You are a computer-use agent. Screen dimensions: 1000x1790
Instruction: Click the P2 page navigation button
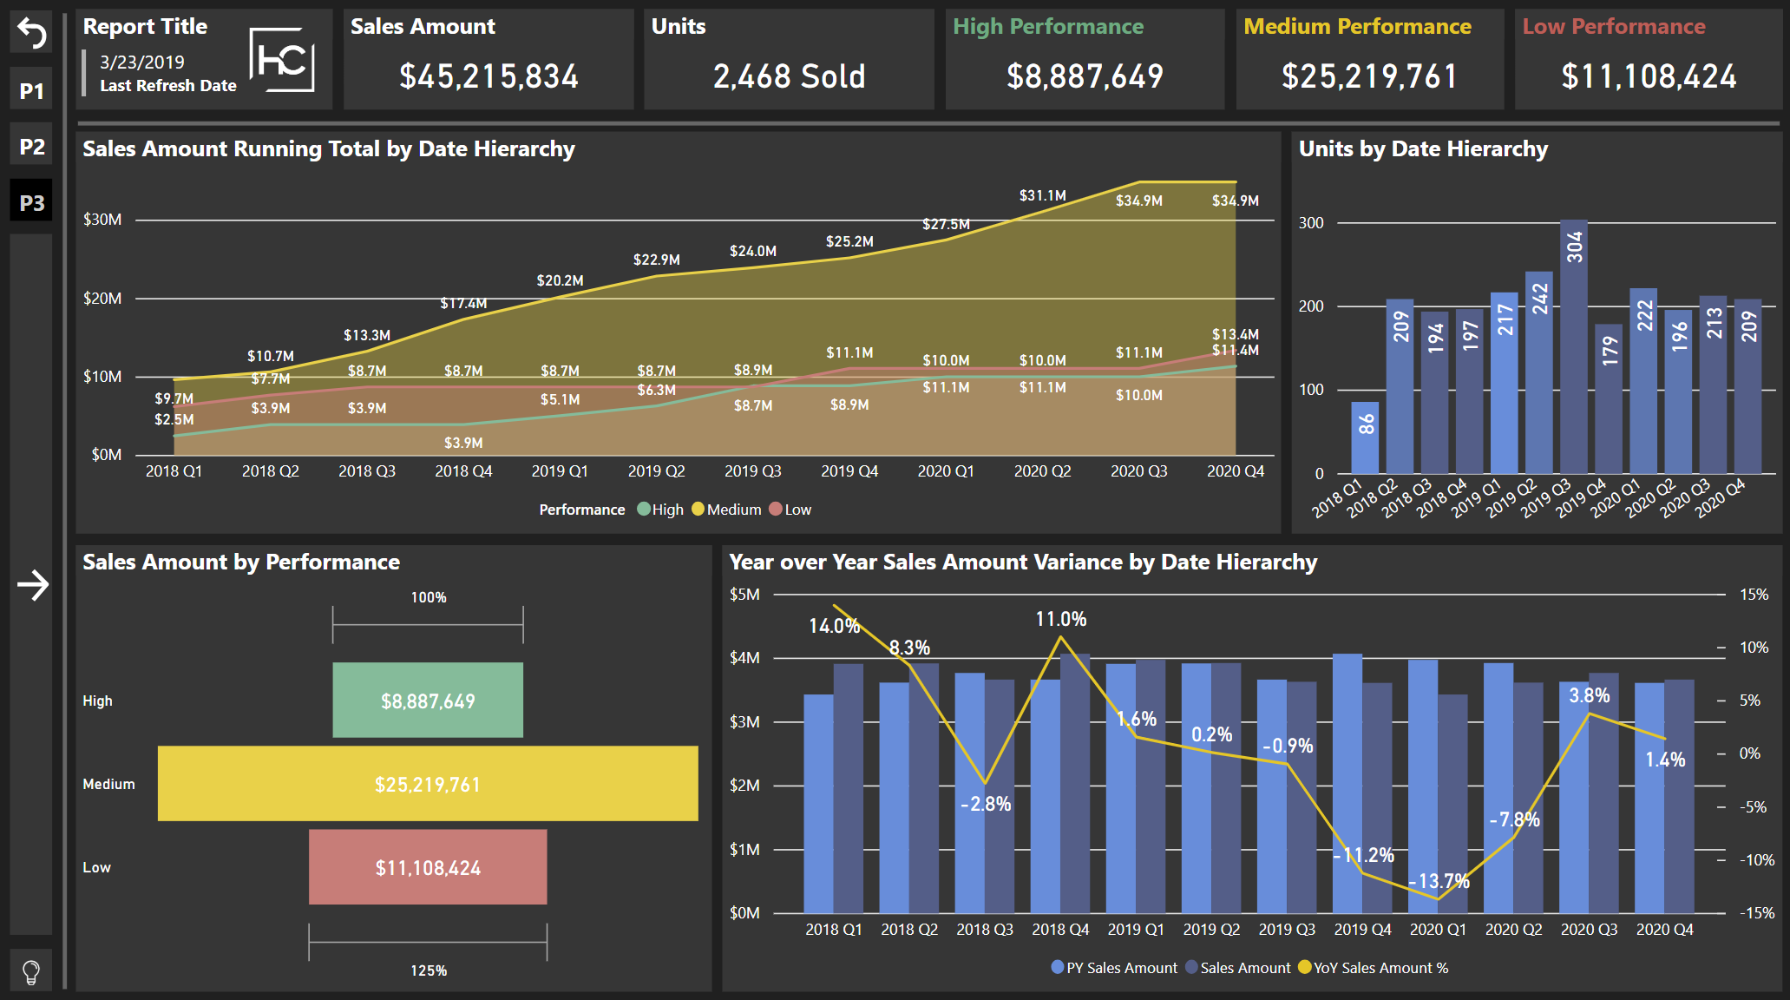pyautogui.click(x=31, y=147)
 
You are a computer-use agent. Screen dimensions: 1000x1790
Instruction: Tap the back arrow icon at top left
pyautogui.click(x=31, y=34)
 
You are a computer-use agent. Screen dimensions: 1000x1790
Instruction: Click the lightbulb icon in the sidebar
pyautogui.click(x=31, y=971)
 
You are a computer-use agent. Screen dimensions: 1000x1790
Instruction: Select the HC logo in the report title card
pyautogui.click(x=282, y=60)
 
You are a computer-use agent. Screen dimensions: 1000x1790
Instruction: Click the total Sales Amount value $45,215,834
pyautogui.click(x=488, y=76)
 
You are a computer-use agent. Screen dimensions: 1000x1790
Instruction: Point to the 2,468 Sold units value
pyautogui.click(x=789, y=76)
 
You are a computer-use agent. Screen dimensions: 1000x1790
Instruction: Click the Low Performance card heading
pyautogui.click(x=1613, y=27)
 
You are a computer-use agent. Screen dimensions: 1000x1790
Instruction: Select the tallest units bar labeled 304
pyautogui.click(x=1573, y=347)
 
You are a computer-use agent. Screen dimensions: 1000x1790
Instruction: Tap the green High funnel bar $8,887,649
pyautogui.click(x=428, y=701)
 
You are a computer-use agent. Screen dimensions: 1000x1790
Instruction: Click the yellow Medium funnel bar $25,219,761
pyautogui.click(x=428, y=784)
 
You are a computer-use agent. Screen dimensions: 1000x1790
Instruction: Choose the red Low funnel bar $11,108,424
pyautogui.click(x=428, y=867)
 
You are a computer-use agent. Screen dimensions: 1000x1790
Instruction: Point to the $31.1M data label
pyautogui.click(x=1042, y=196)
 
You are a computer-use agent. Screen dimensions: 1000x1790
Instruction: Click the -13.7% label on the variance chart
pyautogui.click(x=1439, y=881)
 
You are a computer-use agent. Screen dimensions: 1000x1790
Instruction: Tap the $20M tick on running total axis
pyautogui.click(x=102, y=299)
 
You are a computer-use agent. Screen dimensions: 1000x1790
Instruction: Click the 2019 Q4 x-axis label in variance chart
pyautogui.click(x=1362, y=930)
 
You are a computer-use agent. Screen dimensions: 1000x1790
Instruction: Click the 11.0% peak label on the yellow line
pyautogui.click(x=1060, y=619)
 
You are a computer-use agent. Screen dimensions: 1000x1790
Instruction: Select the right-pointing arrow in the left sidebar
pyautogui.click(x=33, y=585)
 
